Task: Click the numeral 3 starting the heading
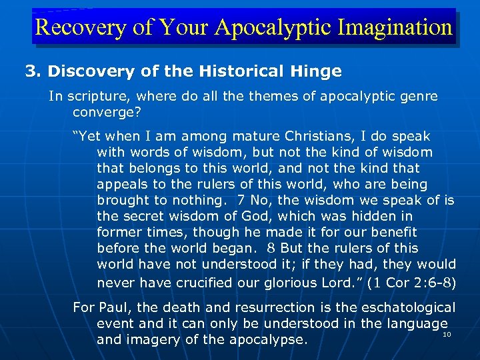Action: coord(30,71)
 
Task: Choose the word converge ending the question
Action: coord(100,112)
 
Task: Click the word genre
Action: coord(419,96)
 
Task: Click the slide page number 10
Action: coord(447,334)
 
